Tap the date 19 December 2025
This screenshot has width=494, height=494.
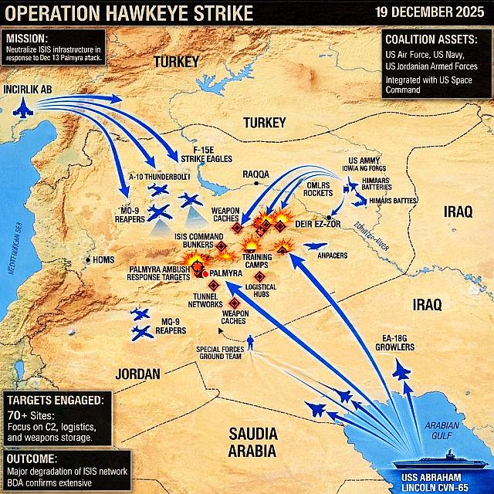point(431,12)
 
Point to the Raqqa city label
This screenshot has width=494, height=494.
point(257,174)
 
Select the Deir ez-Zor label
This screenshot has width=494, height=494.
point(317,224)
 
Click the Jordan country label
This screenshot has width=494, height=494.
point(137,374)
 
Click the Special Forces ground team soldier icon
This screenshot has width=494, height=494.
point(252,343)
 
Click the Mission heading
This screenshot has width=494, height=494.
point(26,37)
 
